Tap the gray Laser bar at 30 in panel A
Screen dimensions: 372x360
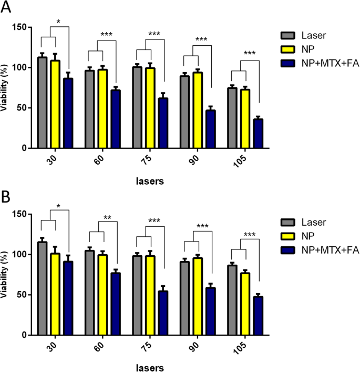pos(43,103)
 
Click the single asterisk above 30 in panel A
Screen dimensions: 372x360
pos(58,23)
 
